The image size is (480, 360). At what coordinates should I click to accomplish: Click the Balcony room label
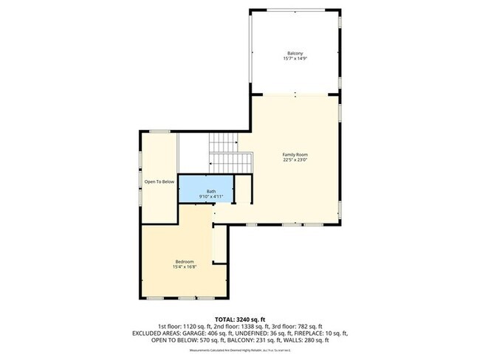(295, 53)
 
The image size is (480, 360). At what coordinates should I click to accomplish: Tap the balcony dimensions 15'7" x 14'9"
(295, 59)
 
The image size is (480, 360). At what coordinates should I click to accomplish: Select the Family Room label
(295, 154)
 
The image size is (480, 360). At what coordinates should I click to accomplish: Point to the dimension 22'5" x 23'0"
(295, 160)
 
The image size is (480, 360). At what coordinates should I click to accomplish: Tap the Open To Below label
(159, 181)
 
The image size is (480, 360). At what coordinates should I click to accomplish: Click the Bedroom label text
(185, 261)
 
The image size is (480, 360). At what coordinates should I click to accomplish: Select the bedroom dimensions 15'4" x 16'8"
(185, 267)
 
